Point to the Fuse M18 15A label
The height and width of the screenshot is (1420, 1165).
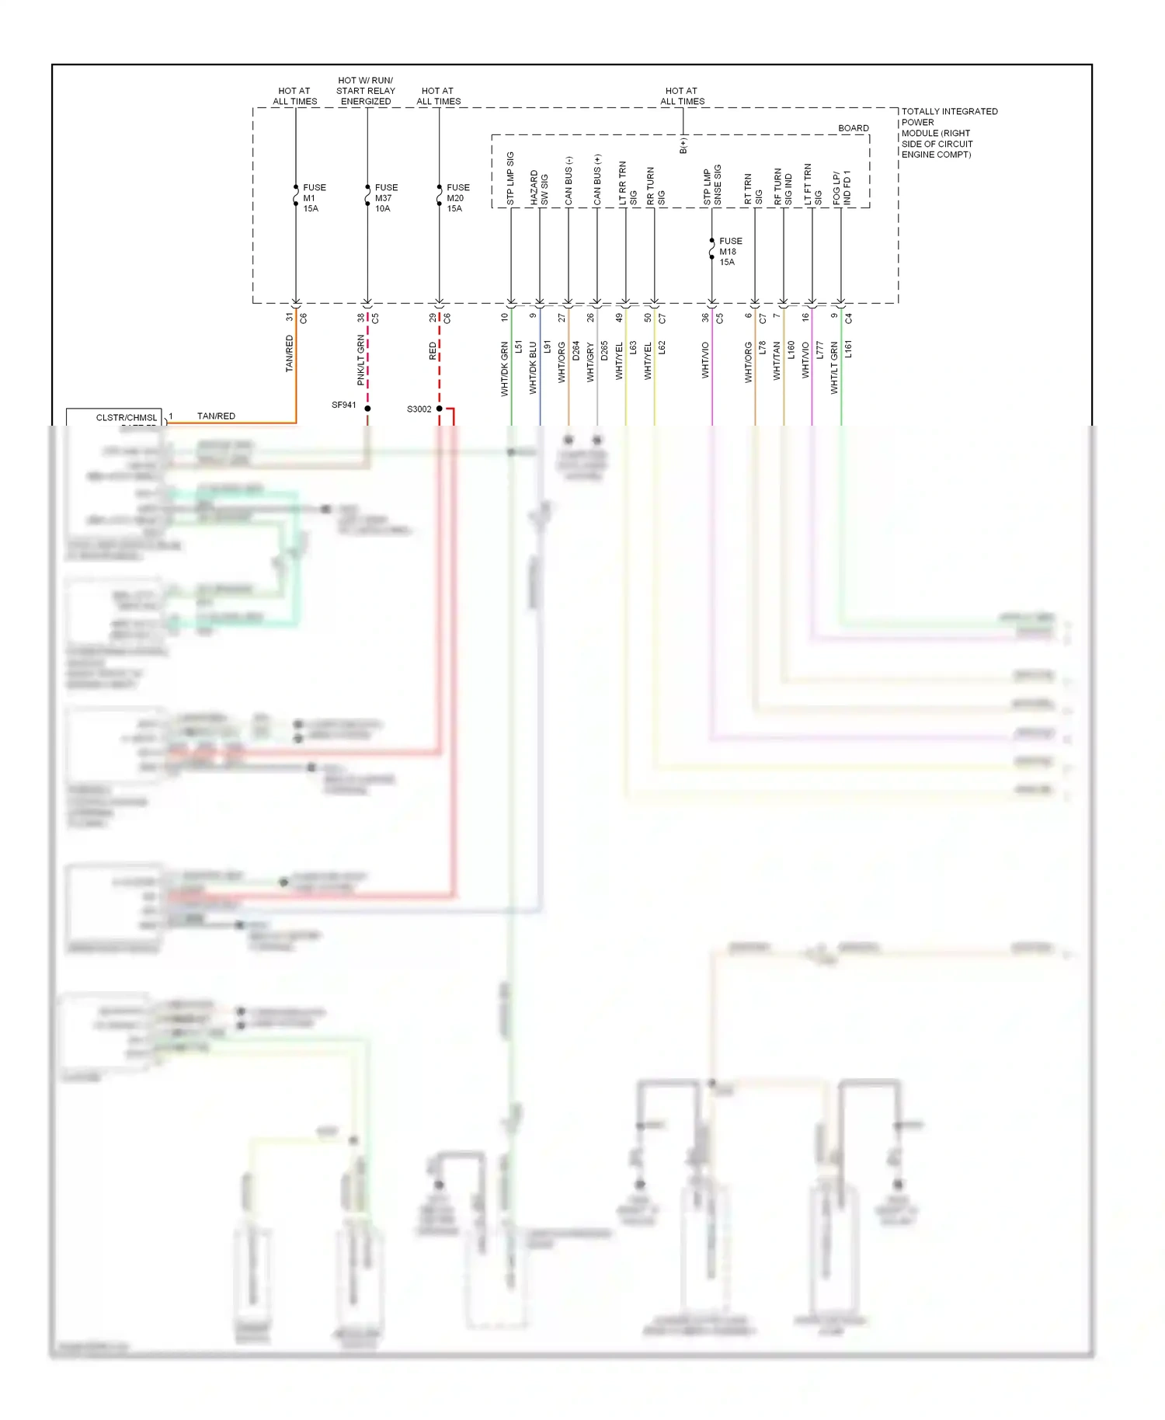click(729, 252)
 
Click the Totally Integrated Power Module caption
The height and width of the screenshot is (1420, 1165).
click(948, 133)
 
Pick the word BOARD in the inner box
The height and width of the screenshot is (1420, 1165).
click(853, 128)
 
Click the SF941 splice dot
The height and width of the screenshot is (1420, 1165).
click(367, 408)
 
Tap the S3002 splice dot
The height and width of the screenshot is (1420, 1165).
click(439, 409)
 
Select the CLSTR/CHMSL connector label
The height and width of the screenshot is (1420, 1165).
click(126, 418)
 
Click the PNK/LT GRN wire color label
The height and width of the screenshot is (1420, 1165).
click(360, 360)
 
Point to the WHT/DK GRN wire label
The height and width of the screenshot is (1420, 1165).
click(504, 369)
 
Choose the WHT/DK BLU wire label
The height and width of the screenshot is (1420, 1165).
click(533, 367)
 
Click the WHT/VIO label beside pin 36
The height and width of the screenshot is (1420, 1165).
click(705, 360)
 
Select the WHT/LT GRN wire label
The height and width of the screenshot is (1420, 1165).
click(834, 367)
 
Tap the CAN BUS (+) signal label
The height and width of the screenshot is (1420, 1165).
click(597, 179)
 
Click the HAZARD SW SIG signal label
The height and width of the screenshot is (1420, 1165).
click(539, 188)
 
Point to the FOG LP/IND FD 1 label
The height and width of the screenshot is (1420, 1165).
click(841, 188)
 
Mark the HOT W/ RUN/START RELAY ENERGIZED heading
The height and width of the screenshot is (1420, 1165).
click(366, 91)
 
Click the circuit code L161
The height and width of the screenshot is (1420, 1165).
click(848, 349)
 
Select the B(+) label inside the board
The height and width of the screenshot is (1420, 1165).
click(683, 145)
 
